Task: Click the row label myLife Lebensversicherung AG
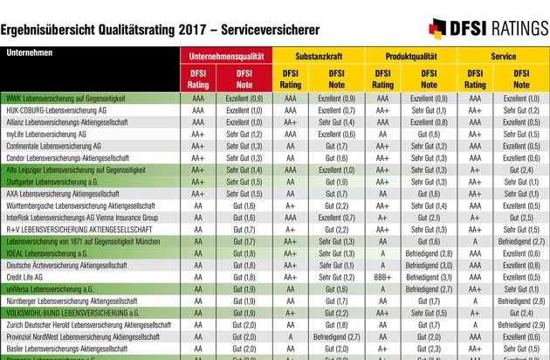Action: click(46, 135)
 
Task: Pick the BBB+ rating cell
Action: click(382, 276)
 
